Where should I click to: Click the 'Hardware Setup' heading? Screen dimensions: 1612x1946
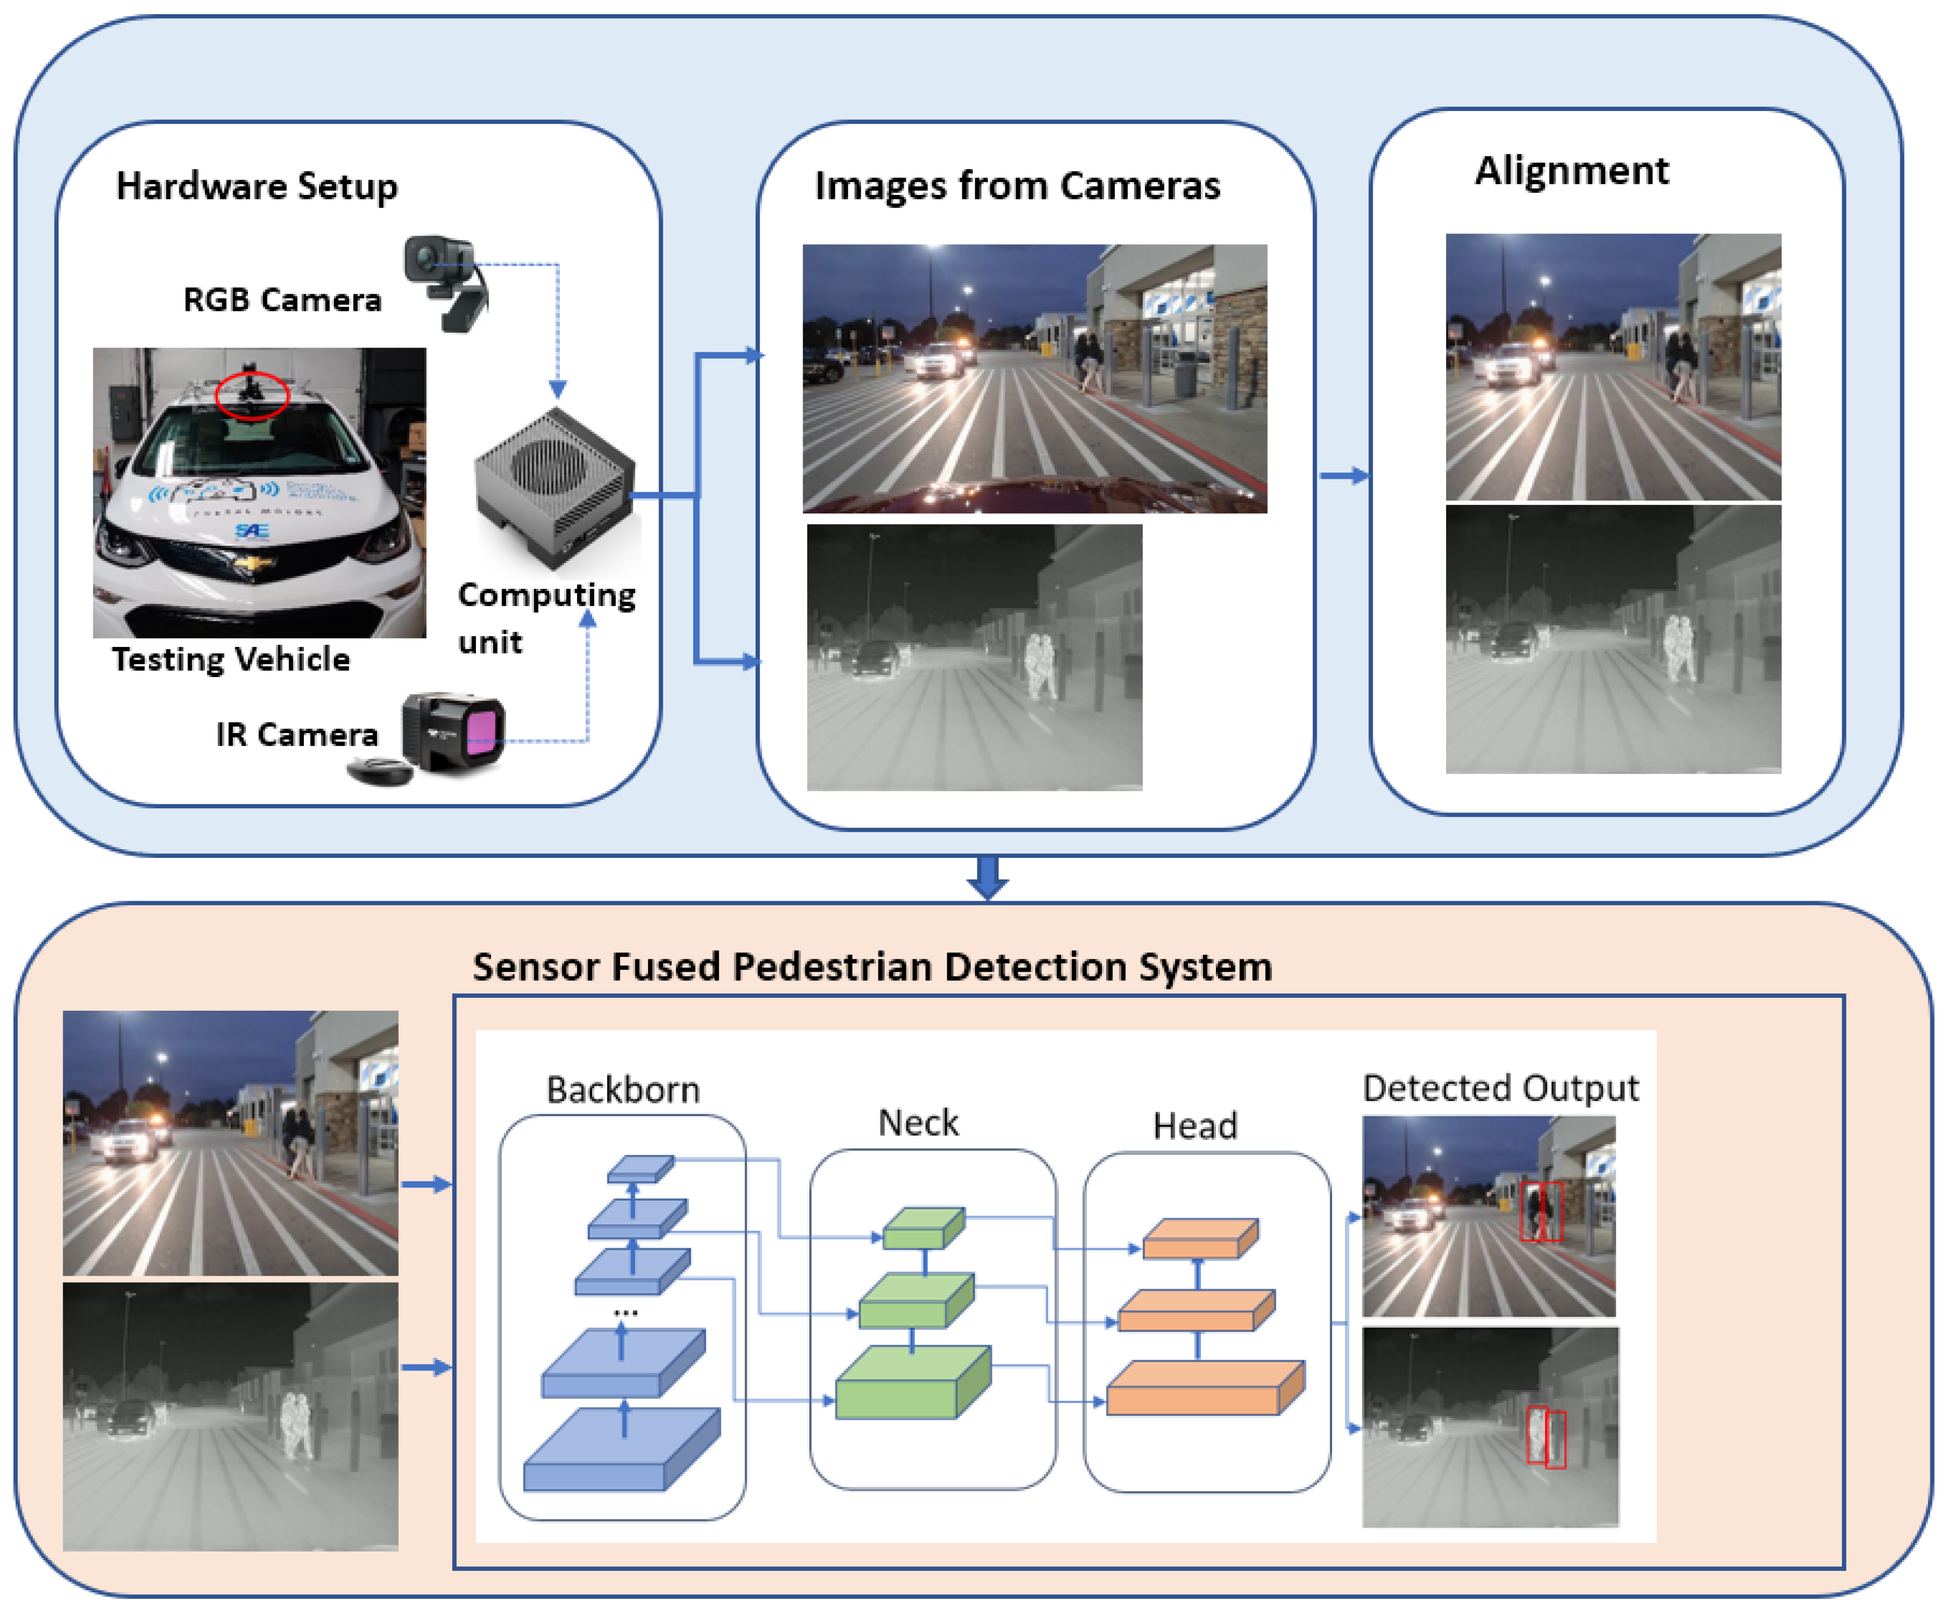[257, 186]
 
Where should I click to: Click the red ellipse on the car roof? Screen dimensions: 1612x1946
[252, 396]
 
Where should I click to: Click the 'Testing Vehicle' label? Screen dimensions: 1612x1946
[231, 659]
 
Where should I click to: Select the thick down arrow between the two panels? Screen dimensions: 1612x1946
[988, 877]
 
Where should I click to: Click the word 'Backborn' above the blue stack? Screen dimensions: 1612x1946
[623, 1089]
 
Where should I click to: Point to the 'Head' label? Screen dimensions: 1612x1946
[1195, 1125]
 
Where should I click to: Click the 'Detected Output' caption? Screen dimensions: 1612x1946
[1500, 1087]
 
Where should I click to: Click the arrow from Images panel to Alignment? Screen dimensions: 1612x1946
[1343, 476]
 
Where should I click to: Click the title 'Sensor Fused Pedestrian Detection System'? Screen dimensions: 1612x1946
[872, 967]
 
